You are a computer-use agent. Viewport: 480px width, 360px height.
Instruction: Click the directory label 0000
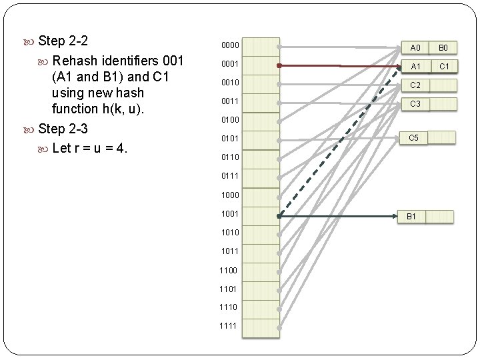(231, 45)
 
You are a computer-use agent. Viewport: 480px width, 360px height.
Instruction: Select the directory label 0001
(231, 63)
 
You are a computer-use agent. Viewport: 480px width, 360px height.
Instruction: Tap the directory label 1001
(231, 214)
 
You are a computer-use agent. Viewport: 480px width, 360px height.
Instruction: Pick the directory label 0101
(231, 138)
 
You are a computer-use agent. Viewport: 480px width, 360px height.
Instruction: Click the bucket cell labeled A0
(415, 48)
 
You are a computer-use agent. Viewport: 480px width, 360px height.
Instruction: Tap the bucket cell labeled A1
(415, 67)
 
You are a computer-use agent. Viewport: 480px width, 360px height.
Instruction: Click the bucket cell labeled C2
(415, 85)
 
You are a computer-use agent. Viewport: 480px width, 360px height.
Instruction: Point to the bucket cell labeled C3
(415, 104)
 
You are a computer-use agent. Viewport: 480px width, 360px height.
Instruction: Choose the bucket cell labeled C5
(413, 137)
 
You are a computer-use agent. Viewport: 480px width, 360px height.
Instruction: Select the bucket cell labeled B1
(411, 217)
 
